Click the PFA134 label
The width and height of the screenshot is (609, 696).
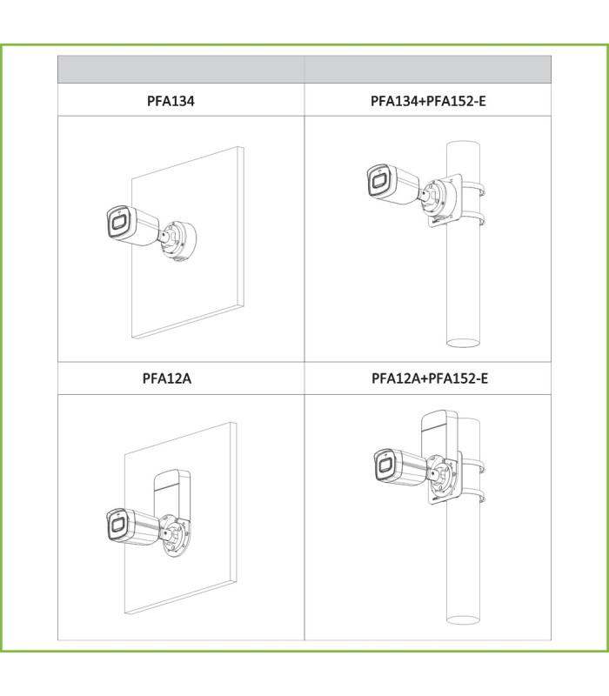click(171, 101)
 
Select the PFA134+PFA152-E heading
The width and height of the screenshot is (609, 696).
click(428, 101)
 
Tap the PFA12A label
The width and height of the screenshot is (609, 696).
click(167, 378)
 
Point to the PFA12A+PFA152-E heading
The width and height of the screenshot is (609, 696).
click(429, 378)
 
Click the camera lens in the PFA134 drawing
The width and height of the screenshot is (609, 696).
click(118, 222)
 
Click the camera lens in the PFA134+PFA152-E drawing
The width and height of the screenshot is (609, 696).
click(378, 180)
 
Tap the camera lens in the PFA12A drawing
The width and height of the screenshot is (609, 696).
click(117, 525)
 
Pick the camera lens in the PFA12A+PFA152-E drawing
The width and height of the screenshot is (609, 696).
click(385, 465)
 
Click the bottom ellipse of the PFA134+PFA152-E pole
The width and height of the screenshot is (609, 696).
click(463, 343)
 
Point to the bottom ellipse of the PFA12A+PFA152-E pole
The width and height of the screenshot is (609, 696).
click(463, 619)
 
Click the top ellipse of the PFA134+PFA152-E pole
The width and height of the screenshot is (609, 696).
click(463, 145)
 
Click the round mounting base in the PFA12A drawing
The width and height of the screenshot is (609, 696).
click(177, 535)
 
